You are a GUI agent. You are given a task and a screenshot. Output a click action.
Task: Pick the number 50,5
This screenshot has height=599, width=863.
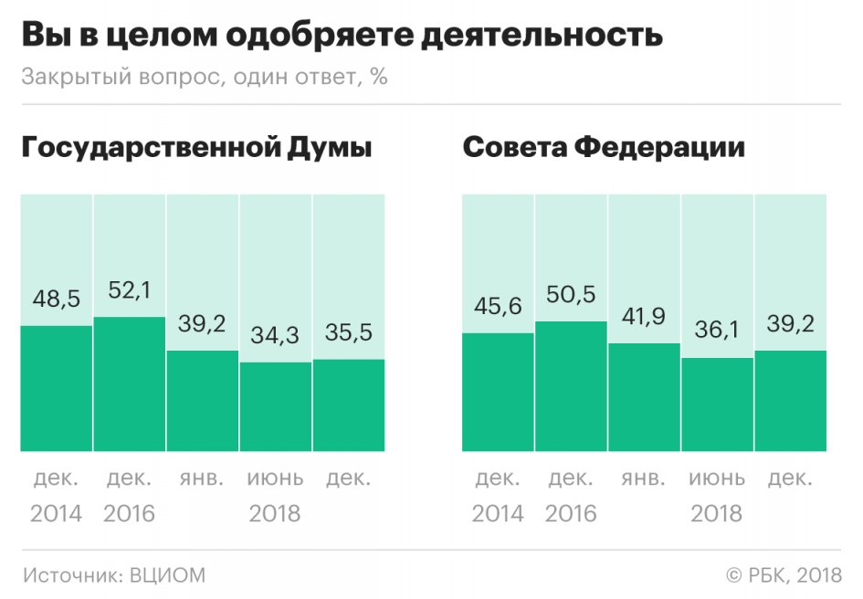572,297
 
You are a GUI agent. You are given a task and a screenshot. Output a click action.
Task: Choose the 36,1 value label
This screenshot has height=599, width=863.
718,332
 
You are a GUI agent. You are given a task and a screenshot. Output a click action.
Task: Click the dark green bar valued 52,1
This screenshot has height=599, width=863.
130,384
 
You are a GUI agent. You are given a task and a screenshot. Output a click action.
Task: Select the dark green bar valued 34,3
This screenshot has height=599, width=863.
276,406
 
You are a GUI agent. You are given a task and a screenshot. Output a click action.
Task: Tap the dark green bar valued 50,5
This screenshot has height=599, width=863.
572,386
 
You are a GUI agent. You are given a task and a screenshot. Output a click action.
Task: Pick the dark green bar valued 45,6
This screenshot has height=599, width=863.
499,392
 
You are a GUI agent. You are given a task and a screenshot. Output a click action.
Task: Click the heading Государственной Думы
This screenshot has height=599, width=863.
197,149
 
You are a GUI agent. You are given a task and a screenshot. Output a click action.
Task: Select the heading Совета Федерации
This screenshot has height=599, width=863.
604,149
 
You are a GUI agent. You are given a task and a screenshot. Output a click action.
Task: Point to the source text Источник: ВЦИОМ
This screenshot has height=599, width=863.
115,575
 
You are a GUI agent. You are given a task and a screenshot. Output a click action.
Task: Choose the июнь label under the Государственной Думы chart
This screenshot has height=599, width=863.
275,478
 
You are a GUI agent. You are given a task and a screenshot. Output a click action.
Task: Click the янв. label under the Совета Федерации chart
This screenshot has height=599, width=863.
645,478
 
